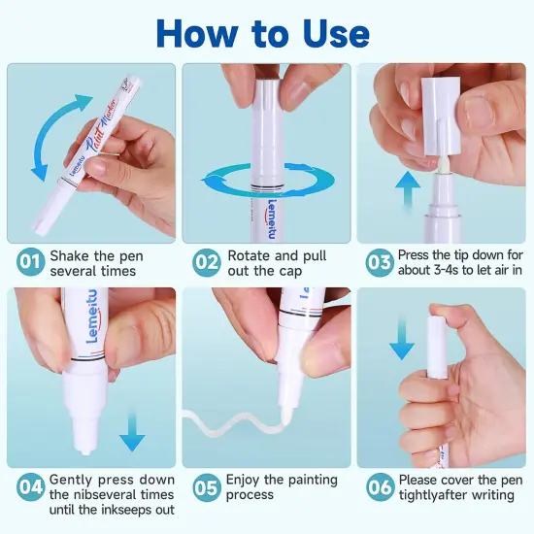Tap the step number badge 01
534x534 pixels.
pyautogui.click(x=31, y=262)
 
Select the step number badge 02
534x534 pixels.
pyautogui.click(x=207, y=262)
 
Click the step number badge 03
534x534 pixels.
pyautogui.click(x=380, y=262)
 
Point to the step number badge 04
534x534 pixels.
pyautogui.click(x=31, y=487)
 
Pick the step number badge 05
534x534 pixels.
pyautogui.click(x=207, y=487)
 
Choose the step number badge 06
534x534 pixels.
pyautogui.click(x=381, y=487)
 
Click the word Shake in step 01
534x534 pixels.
pyautogui.click(x=70, y=255)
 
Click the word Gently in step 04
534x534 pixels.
pyautogui.click(x=71, y=481)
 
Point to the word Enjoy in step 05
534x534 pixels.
pyautogui.click(x=243, y=481)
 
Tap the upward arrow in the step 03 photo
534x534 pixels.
pyautogui.click(x=408, y=188)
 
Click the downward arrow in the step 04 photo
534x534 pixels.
pyautogui.click(x=132, y=431)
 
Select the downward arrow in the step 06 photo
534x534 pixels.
pyautogui.click(x=402, y=338)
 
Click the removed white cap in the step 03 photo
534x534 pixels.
pyautogui.click(x=442, y=116)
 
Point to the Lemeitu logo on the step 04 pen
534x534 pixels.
pyautogui.click(x=92, y=317)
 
